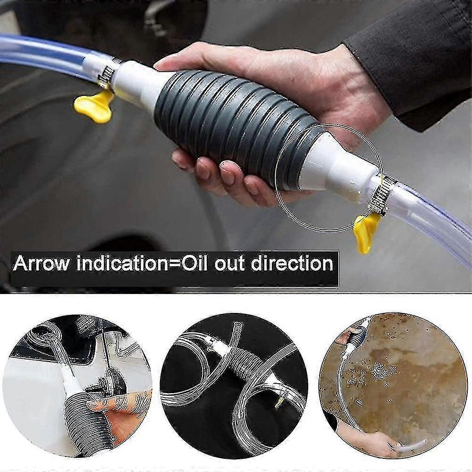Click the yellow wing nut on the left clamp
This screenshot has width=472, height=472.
pos(94,105)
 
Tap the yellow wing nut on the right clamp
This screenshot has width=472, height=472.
pos(366,231)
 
